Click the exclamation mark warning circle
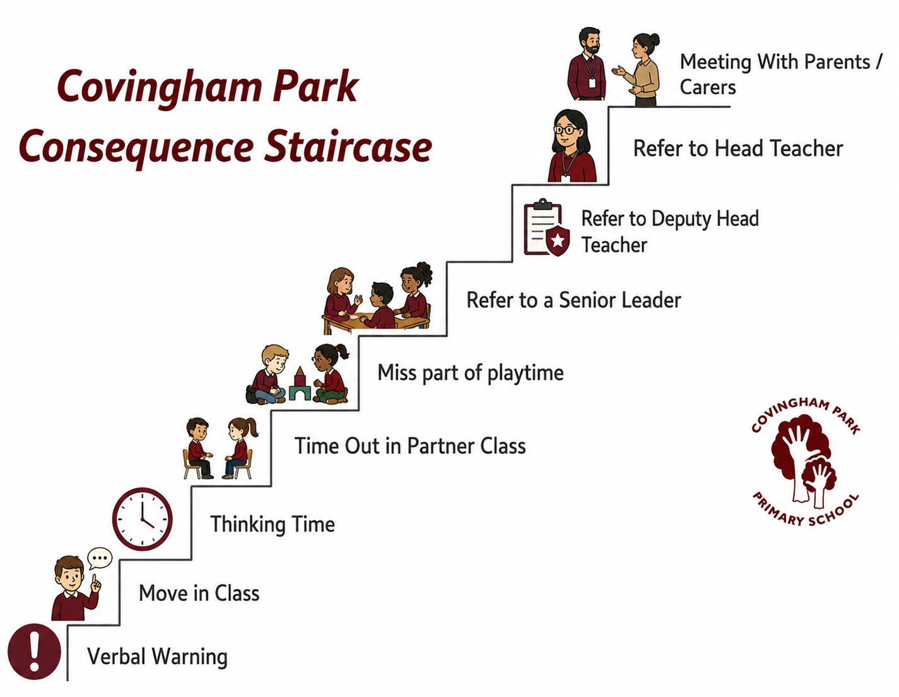click(34, 652)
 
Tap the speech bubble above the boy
click(100, 558)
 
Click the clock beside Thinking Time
click(143, 518)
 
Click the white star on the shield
click(558, 240)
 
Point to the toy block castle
click(300, 383)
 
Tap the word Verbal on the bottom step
click(118, 657)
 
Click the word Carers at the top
click(708, 87)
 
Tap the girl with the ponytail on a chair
click(240, 448)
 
